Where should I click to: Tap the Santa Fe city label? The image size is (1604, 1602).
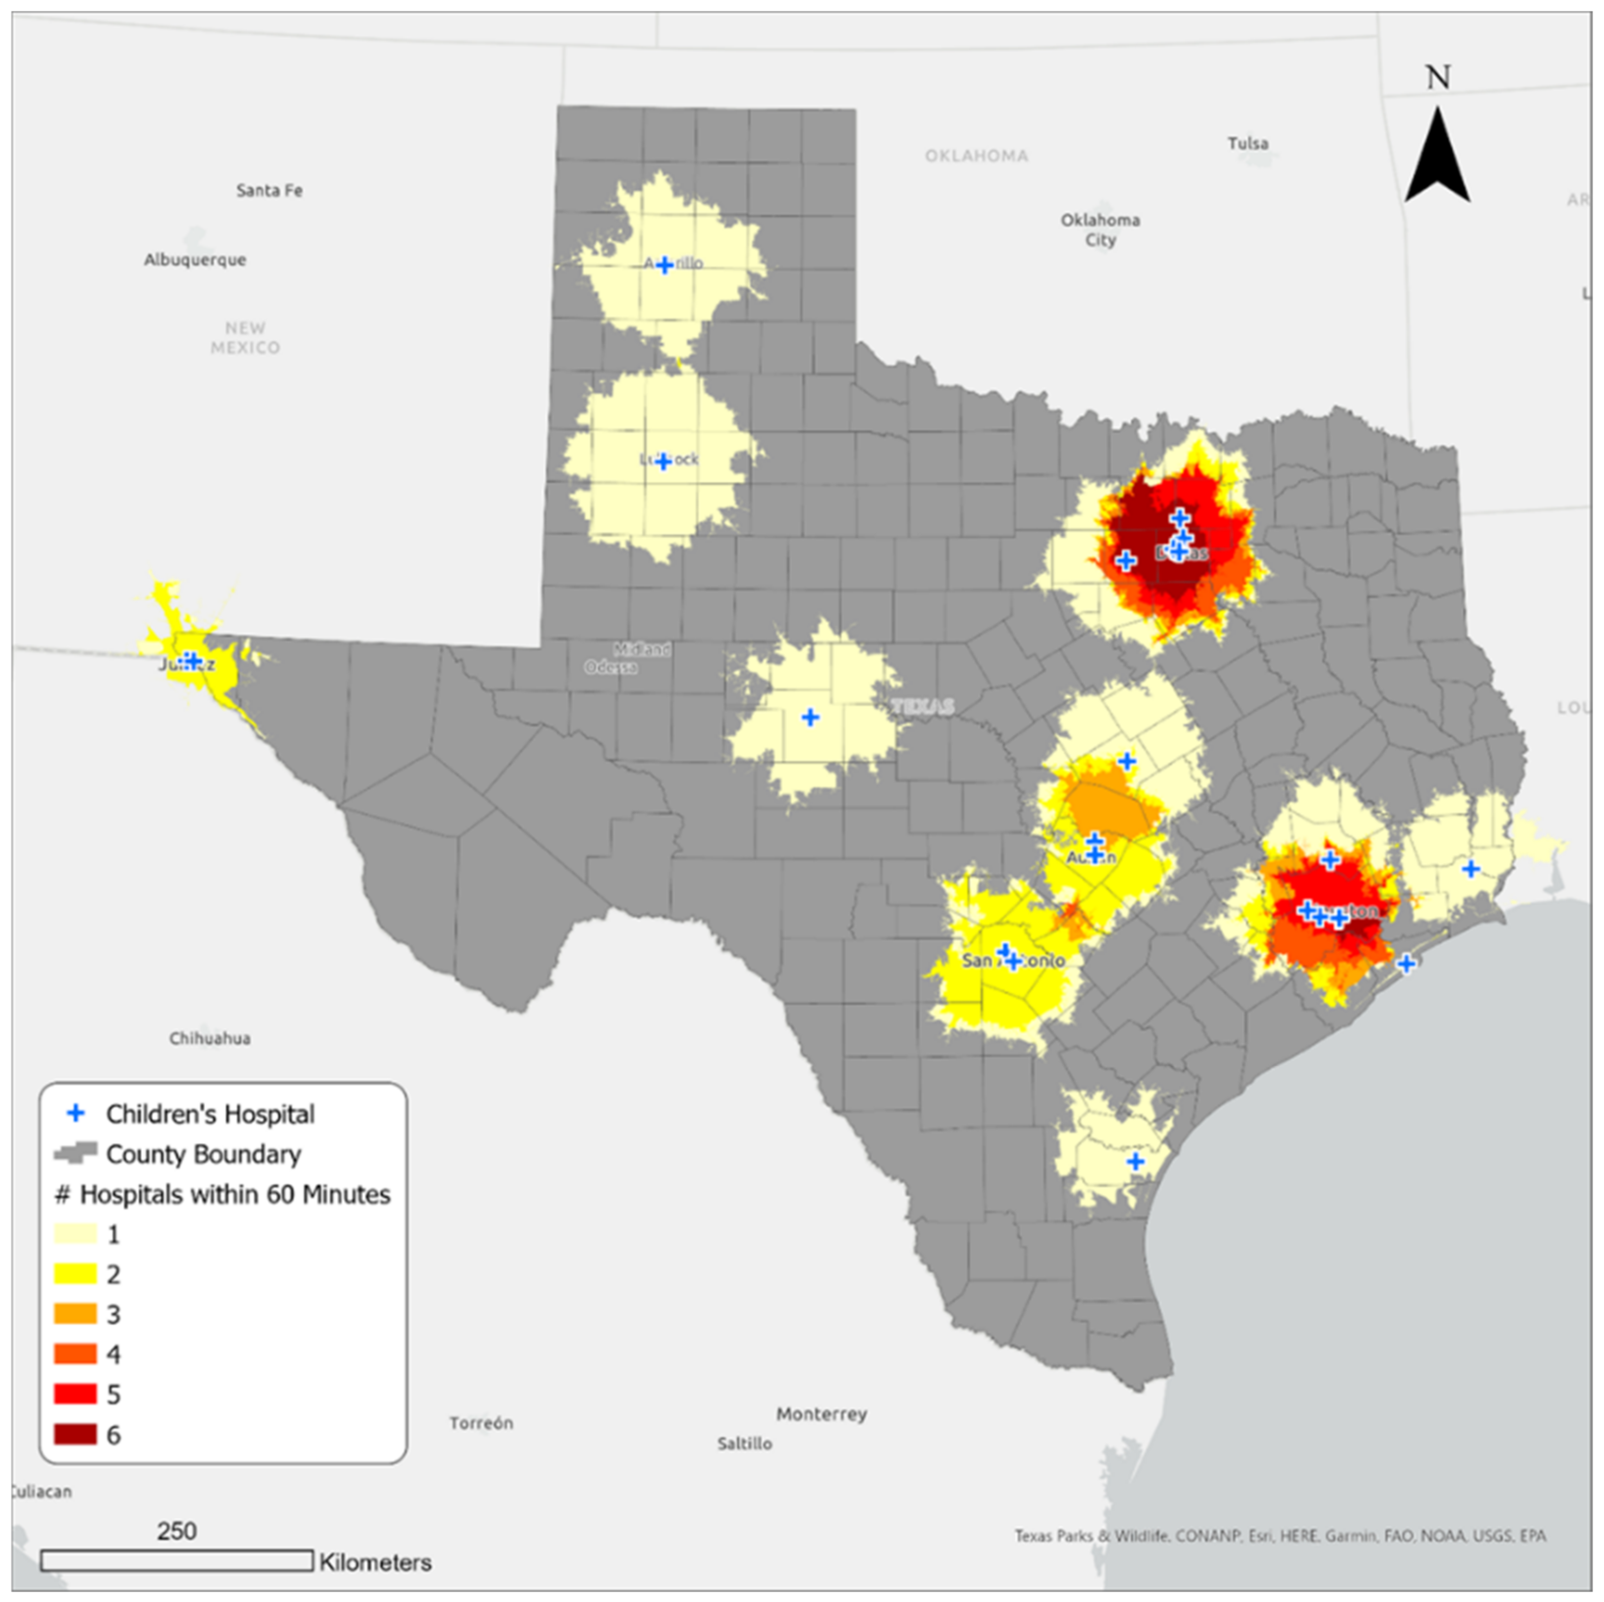pyautogui.click(x=269, y=190)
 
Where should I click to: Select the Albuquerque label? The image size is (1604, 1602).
pyautogui.click(x=195, y=260)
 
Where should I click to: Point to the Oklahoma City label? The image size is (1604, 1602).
pyautogui.click(x=1100, y=230)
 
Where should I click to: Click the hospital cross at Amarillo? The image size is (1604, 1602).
pyautogui.click(x=664, y=265)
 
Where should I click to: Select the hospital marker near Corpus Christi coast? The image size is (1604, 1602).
pyautogui.click(x=1135, y=1161)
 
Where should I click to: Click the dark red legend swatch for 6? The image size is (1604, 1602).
pyautogui.click(x=75, y=1434)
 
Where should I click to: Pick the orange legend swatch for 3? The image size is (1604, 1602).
pyautogui.click(x=75, y=1314)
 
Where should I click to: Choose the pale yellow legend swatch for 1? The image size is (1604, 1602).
pyautogui.click(x=75, y=1234)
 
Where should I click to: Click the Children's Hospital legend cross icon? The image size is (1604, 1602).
pyautogui.click(x=75, y=1113)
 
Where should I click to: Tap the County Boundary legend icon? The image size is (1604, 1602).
pyautogui.click(x=75, y=1154)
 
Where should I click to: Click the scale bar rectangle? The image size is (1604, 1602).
pyautogui.click(x=177, y=1561)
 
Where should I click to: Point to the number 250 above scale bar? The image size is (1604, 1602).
pyautogui.click(x=177, y=1532)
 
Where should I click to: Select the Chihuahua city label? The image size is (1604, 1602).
pyautogui.click(x=210, y=1038)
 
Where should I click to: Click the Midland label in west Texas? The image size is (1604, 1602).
pyautogui.click(x=643, y=649)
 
